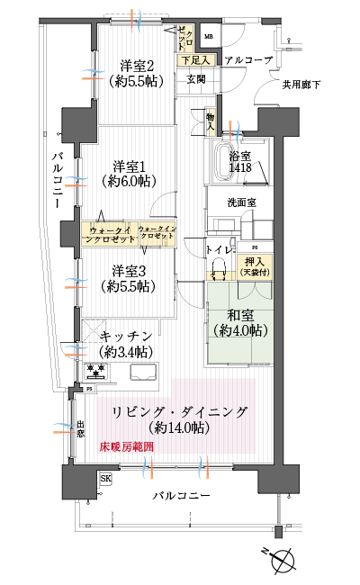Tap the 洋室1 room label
click(x=130, y=173)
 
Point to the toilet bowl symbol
click(x=218, y=266)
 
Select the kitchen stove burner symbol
click(x=95, y=371)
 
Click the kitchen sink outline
click(x=143, y=372)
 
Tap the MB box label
click(x=208, y=37)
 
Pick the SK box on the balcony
click(x=106, y=479)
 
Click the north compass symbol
click(x=283, y=560)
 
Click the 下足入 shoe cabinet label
click(x=195, y=60)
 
